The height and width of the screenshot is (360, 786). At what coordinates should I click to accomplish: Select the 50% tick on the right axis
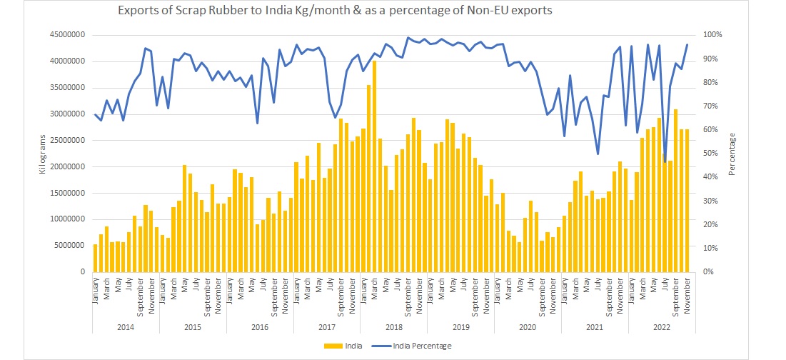(712, 153)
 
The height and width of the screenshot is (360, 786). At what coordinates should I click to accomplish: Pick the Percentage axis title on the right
(733, 154)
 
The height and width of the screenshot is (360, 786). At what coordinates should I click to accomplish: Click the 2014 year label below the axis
(126, 326)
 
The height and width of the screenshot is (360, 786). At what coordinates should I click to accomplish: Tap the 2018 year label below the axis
(393, 326)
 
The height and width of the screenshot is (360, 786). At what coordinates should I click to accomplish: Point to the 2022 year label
(661, 326)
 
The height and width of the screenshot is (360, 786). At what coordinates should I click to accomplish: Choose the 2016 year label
(260, 326)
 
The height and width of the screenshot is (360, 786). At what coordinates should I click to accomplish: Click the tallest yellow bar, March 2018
(374, 166)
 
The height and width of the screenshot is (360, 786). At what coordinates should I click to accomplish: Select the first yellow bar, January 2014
(96, 258)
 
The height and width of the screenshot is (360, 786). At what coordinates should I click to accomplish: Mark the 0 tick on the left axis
(83, 271)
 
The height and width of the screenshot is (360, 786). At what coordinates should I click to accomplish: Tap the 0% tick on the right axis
(710, 271)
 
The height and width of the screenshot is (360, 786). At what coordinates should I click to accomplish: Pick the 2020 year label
(528, 326)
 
